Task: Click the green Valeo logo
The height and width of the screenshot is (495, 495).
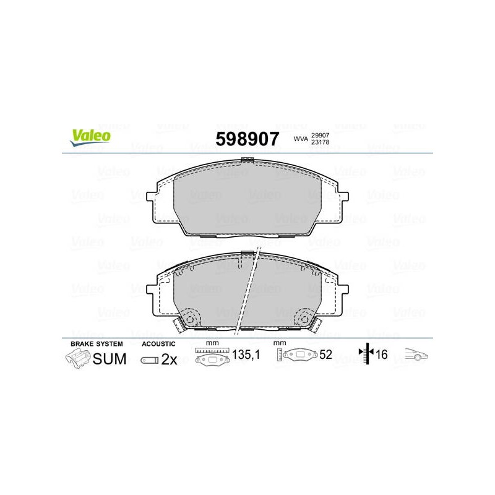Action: [90, 137]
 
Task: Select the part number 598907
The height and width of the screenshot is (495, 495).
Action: [247, 139]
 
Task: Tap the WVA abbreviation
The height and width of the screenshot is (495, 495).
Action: [301, 139]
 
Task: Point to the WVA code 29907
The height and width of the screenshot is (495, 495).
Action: [320, 135]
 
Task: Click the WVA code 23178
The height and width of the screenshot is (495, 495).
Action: [320, 142]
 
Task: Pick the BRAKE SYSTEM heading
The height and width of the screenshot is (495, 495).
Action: [97, 344]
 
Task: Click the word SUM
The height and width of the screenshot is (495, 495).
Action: [110, 359]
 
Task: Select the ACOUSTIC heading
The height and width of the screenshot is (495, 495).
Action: [158, 344]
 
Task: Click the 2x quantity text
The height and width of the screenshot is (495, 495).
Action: [169, 359]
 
